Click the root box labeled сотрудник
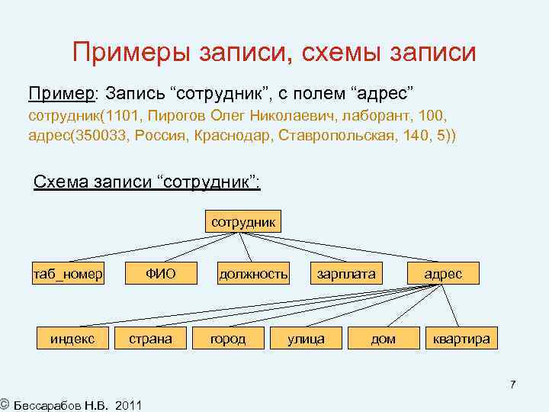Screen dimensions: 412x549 pyautogui.click(x=243, y=221)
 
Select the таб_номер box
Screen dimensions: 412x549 pyautogui.click(x=68, y=274)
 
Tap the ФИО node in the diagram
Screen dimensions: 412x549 pyautogui.click(x=161, y=274)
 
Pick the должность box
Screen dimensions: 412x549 pyautogui.click(x=253, y=274)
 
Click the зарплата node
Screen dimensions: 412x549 pyautogui.click(x=346, y=274)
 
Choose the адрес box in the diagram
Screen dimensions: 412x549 pyautogui.click(x=443, y=274)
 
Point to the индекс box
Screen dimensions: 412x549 pyautogui.click(x=72, y=338)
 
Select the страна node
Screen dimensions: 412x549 pyautogui.click(x=150, y=338)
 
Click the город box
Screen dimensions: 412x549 pyautogui.click(x=228, y=338)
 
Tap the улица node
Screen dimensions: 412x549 pyautogui.click(x=306, y=338)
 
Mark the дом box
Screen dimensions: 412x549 pyautogui.click(x=383, y=338)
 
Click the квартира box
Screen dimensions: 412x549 pyautogui.click(x=461, y=338)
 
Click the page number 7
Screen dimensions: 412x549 pyautogui.click(x=513, y=385)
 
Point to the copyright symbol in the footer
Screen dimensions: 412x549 pyautogui.click(x=5, y=403)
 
